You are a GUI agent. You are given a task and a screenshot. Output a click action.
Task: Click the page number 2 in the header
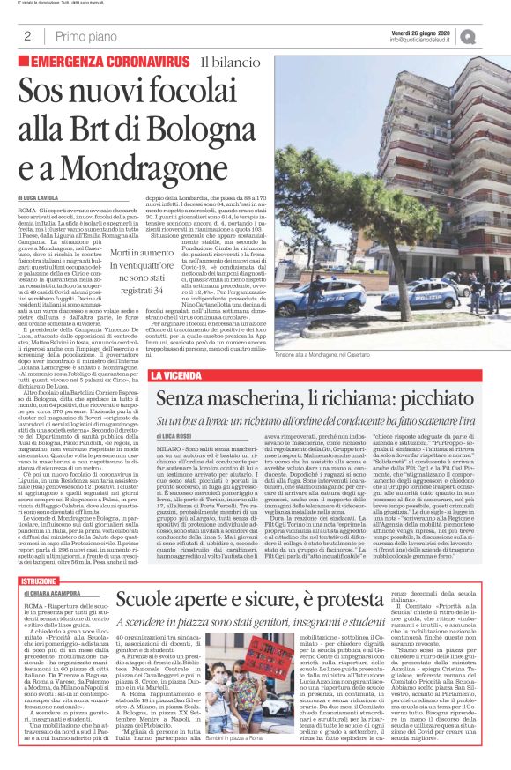(x=28, y=36)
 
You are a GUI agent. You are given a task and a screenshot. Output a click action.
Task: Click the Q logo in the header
(x=492, y=35)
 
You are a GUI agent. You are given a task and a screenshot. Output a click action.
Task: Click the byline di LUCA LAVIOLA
(x=44, y=199)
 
